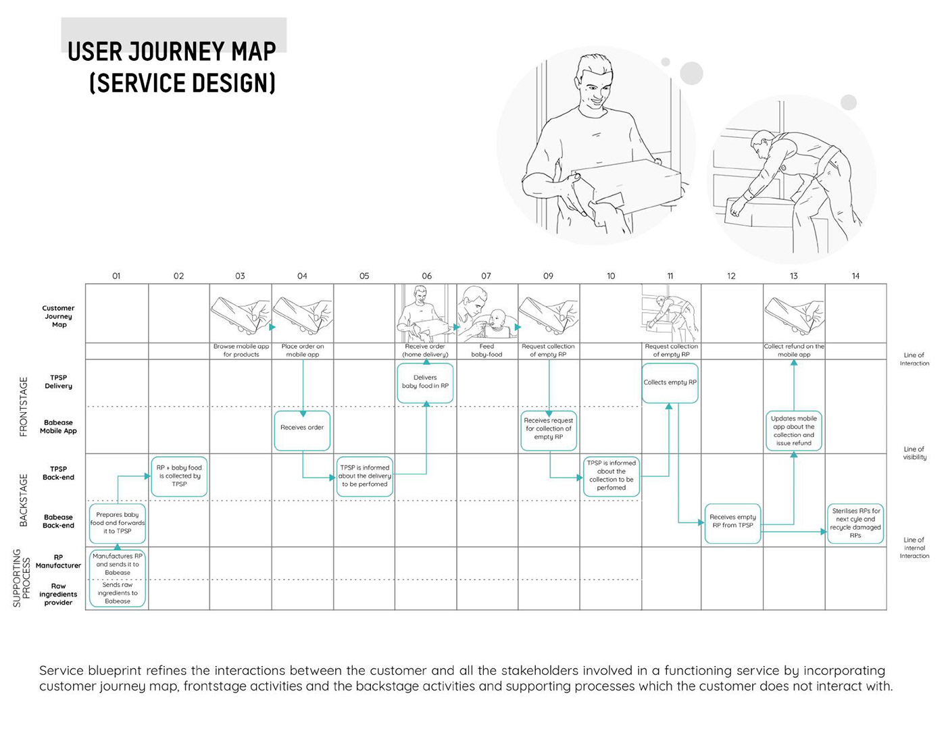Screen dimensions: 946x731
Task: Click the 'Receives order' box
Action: point(302,430)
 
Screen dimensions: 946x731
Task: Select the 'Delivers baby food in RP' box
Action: point(425,382)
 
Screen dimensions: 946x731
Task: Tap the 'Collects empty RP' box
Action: point(670,382)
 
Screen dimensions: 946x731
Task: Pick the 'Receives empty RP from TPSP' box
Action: point(732,522)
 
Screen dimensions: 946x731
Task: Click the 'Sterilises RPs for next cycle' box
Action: point(855,524)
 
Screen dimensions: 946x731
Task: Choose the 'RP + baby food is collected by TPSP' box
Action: point(179,476)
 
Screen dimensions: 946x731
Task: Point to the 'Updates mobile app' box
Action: point(794,431)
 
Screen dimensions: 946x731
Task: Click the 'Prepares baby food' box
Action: point(118,523)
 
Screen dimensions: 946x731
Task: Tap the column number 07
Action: point(486,276)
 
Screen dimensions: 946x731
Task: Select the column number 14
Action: point(855,276)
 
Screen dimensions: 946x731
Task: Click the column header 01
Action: point(116,276)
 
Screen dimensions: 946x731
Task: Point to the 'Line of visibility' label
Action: point(914,453)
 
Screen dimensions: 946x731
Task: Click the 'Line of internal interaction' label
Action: point(914,547)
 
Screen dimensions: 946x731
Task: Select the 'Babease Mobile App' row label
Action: point(59,426)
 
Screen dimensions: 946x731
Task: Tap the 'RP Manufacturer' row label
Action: point(59,561)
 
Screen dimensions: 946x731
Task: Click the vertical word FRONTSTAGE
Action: point(24,406)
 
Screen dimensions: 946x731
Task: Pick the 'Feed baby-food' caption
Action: point(487,350)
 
